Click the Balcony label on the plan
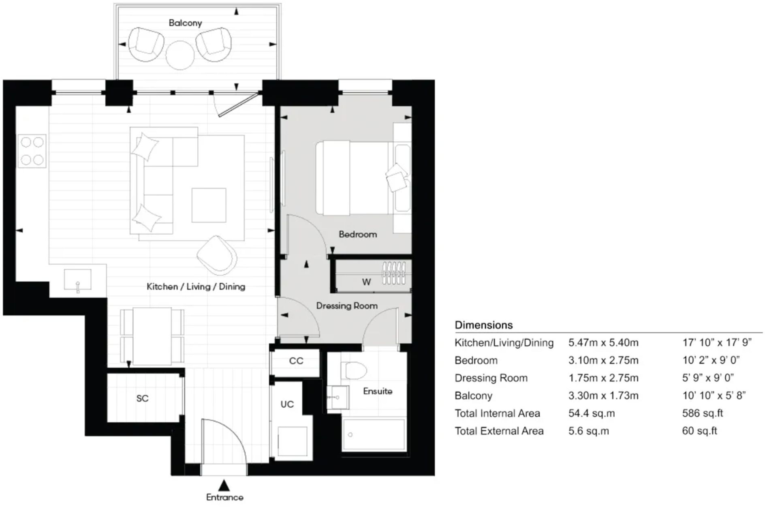pos(185,23)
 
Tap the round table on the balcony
pos(180,56)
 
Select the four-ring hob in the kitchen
pos(32,151)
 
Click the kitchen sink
pos(77,280)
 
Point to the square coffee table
pos(209,205)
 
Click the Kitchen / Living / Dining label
pos(196,287)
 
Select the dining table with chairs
pos(152,336)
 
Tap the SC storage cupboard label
pos(142,398)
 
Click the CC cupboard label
pos(296,361)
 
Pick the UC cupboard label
pos(287,404)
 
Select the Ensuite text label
pos(377,391)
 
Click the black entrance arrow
pos(224,485)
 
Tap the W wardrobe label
pos(366,282)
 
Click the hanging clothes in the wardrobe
pos(394,273)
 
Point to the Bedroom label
pos(357,234)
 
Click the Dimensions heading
pos(483,325)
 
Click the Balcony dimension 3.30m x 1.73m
pos(603,396)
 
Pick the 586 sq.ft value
pos(702,413)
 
